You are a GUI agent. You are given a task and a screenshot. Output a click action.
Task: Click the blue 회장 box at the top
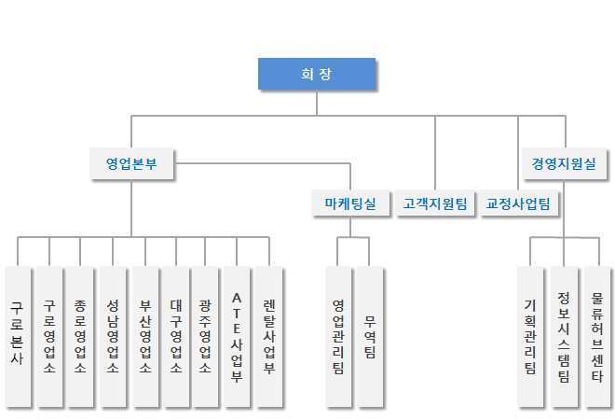[x=317, y=74]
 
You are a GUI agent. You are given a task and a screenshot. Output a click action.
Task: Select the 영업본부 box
[x=131, y=163]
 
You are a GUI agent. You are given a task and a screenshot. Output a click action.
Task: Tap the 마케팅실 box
[x=350, y=203]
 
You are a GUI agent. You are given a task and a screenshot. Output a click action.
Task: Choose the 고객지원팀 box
[x=435, y=203]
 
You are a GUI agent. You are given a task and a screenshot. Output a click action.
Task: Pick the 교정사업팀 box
[x=518, y=203]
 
